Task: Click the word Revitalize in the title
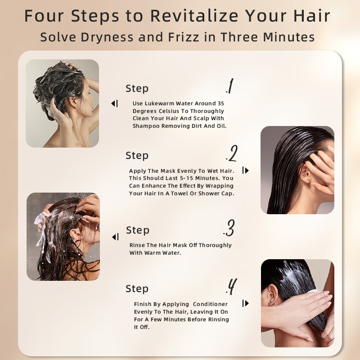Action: click(x=194, y=16)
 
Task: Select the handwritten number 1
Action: click(x=230, y=86)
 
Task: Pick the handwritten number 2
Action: click(x=232, y=153)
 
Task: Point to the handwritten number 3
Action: click(x=229, y=228)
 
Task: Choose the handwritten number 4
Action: click(x=231, y=287)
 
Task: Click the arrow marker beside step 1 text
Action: click(x=115, y=103)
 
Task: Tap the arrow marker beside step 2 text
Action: click(x=245, y=171)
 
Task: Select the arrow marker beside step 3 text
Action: click(x=115, y=237)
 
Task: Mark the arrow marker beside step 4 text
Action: click(x=245, y=303)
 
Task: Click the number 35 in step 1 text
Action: click(x=220, y=103)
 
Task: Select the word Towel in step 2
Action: click(x=180, y=193)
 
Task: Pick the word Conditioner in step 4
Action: click(x=210, y=304)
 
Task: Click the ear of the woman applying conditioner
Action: click(x=273, y=295)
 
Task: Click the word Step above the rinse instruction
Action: click(x=138, y=230)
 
